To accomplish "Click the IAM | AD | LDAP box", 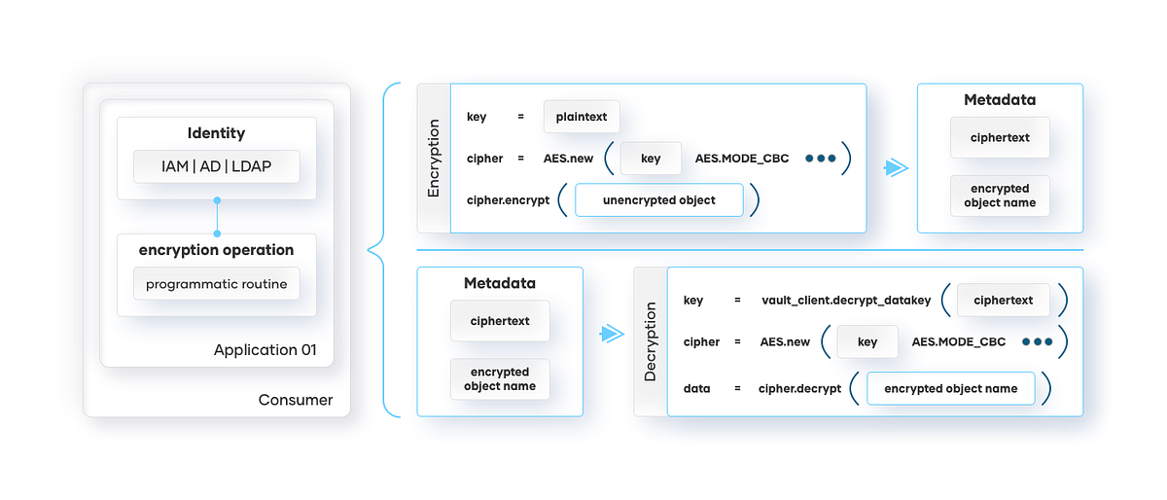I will tap(216, 166).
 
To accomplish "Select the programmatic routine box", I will tap(216, 284).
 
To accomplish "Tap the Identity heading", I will tap(216, 133).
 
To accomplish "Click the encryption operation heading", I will tap(216, 250).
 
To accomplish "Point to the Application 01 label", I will tap(265, 350).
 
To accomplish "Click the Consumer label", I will tap(296, 400).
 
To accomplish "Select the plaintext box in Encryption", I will tap(582, 117).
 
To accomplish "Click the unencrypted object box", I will tap(658, 200).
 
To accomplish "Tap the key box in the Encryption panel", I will tap(651, 159).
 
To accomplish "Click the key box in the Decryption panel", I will tap(867, 341).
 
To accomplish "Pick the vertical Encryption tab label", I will tap(434, 159).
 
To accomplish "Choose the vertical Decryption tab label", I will tap(651, 341).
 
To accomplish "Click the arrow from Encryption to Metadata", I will tap(895, 168).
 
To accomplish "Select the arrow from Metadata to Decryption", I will tap(611, 334).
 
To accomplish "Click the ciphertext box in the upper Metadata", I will tap(1000, 138).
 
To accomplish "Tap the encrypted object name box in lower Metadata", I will tap(500, 379).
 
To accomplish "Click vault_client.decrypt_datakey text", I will tap(846, 301).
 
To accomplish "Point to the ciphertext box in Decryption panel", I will tap(1003, 301).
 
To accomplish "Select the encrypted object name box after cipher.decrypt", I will tap(950, 388).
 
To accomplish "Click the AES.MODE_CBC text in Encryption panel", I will tap(742, 159).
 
